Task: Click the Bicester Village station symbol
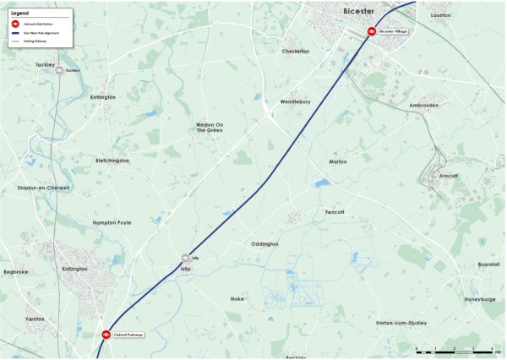(371, 31)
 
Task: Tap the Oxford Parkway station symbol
(106, 335)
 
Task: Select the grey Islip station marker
(185, 258)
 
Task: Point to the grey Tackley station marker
(60, 71)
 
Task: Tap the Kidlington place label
(74, 269)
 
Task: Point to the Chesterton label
(295, 52)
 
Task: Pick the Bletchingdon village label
(112, 159)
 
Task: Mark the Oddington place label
(264, 244)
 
